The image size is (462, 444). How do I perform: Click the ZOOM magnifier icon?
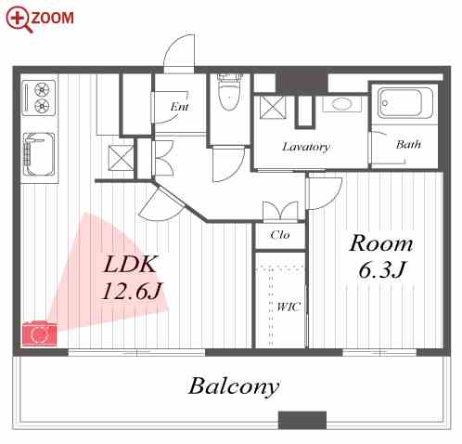click(19, 19)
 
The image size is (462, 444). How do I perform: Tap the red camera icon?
click(40, 333)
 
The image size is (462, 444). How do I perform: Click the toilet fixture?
click(229, 91)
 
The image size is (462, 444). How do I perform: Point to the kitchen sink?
click(39, 154)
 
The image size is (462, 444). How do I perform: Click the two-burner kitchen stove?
click(39, 98)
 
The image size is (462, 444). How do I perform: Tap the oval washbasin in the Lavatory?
click(341, 104)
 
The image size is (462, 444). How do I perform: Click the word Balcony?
click(234, 387)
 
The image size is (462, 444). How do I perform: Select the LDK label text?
click(130, 264)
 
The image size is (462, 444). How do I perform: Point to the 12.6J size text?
click(132, 291)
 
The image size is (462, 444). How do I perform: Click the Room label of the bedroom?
click(381, 243)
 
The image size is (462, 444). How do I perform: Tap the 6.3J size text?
click(381, 269)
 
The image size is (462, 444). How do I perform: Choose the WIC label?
click(289, 307)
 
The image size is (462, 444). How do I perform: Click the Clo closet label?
click(280, 235)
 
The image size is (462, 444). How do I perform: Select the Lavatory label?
click(306, 147)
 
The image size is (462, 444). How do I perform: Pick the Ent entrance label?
click(179, 107)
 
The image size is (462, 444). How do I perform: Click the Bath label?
click(408, 144)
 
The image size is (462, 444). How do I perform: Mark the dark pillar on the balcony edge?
click(302, 420)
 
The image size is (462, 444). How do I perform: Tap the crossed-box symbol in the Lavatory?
click(273, 108)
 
